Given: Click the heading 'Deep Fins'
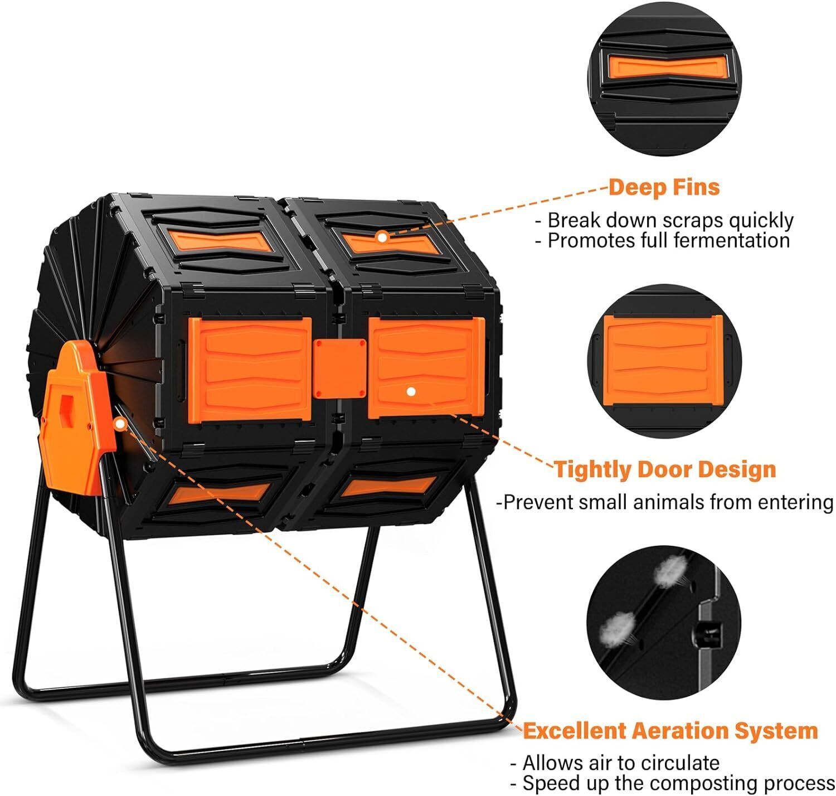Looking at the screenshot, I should [x=663, y=187].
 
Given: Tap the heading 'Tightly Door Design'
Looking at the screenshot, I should [x=664, y=469].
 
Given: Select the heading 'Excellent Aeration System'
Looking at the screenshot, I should [x=670, y=730].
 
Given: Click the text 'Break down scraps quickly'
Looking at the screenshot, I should [x=669, y=220].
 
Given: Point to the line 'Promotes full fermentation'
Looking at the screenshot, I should [x=668, y=240].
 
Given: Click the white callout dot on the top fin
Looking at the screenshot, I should [x=382, y=236].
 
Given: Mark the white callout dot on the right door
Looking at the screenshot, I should [x=411, y=391].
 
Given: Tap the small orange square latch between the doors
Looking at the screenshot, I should [x=339, y=368].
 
